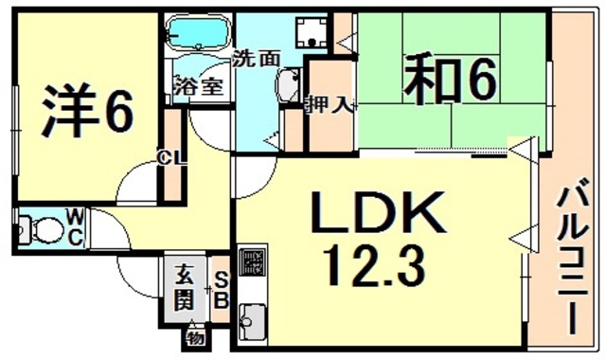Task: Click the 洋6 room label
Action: point(86,112)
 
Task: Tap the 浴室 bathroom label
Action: point(198,84)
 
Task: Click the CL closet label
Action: point(171,157)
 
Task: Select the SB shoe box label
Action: point(219,290)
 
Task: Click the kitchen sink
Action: point(253,321)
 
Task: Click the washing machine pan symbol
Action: point(308,34)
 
